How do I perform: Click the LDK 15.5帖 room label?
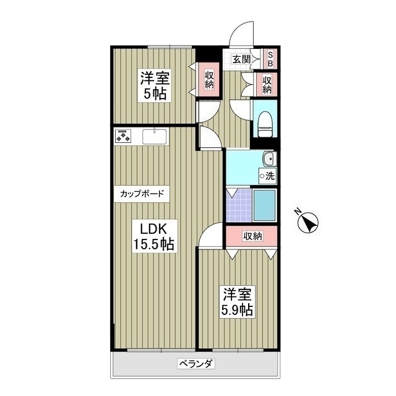click(x=153, y=235)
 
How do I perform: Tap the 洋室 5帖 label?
click(x=155, y=86)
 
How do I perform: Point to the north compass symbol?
click(x=308, y=221)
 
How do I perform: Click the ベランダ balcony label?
click(x=196, y=364)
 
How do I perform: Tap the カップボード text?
click(x=142, y=194)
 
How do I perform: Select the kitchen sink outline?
click(x=155, y=136)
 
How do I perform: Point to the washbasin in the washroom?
click(x=268, y=160)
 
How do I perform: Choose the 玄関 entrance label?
click(x=241, y=59)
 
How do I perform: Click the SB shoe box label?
click(x=270, y=59)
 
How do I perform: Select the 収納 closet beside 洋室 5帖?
click(x=209, y=80)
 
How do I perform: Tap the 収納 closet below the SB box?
click(x=267, y=84)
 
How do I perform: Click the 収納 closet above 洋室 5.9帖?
click(x=252, y=236)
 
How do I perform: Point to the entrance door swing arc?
click(x=241, y=32)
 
